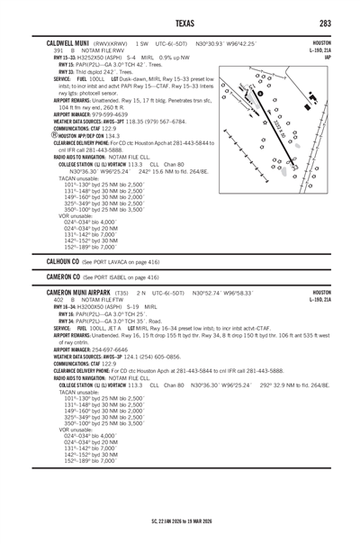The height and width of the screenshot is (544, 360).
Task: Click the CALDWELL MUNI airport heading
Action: [60, 42]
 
